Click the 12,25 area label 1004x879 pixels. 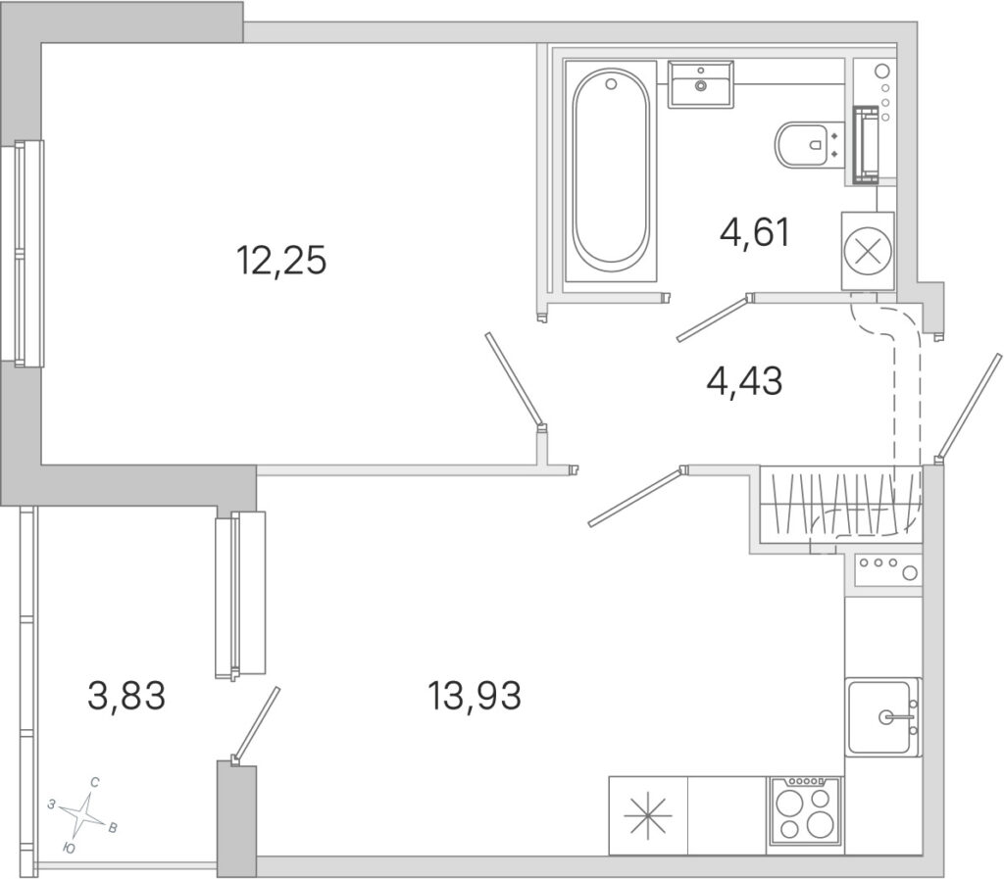click(281, 261)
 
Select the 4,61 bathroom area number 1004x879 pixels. click(755, 232)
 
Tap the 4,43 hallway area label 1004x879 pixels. click(744, 382)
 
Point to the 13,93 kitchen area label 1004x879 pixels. click(474, 696)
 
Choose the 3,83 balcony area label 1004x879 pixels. click(126, 696)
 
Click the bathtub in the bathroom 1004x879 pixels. click(611, 171)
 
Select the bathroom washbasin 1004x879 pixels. click(700, 84)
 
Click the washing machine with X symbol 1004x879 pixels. click(868, 251)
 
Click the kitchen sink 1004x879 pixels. click(882, 717)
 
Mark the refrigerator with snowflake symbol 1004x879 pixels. click(648, 815)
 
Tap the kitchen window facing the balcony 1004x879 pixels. click(239, 594)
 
